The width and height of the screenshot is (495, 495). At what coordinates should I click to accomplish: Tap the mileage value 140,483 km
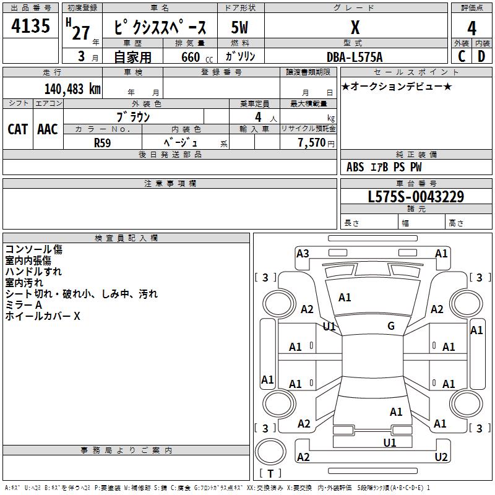pyautogui.click(x=72, y=89)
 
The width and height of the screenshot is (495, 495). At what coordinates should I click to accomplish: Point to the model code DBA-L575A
pyautogui.click(x=355, y=57)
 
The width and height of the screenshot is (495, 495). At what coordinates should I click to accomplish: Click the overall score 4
pyautogui.click(x=471, y=28)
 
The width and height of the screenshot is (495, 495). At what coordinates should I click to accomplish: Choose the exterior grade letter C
pyautogui.click(x=462, y=56)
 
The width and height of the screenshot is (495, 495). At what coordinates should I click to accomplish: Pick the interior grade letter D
pyautogui.click(x=481, y=56)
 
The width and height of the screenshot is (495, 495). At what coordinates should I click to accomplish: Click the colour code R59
pyautogui.click(x=103, y=142)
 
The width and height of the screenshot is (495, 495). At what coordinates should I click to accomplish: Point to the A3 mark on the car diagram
pyautogui.click(x=303, y=253)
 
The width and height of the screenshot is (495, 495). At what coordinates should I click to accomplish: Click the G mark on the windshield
pyautogui.click(x=391, y=325)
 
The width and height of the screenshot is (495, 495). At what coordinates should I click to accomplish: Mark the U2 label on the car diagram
pyautogui.click(x=441, y=457)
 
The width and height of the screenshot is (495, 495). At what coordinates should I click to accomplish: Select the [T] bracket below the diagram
pyautogui.click(x=270, y=473)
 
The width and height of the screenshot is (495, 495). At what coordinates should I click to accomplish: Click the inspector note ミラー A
pyautogui.click(x=24, y=305)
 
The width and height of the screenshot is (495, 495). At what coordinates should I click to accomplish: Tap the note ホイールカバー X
pyautogui.click(x=43, y=316)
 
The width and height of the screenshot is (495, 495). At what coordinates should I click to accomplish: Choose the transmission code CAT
pyautogui.click(x=17, y=129)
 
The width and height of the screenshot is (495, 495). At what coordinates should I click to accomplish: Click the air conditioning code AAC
pyautogui.click(x=47, y=129)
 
